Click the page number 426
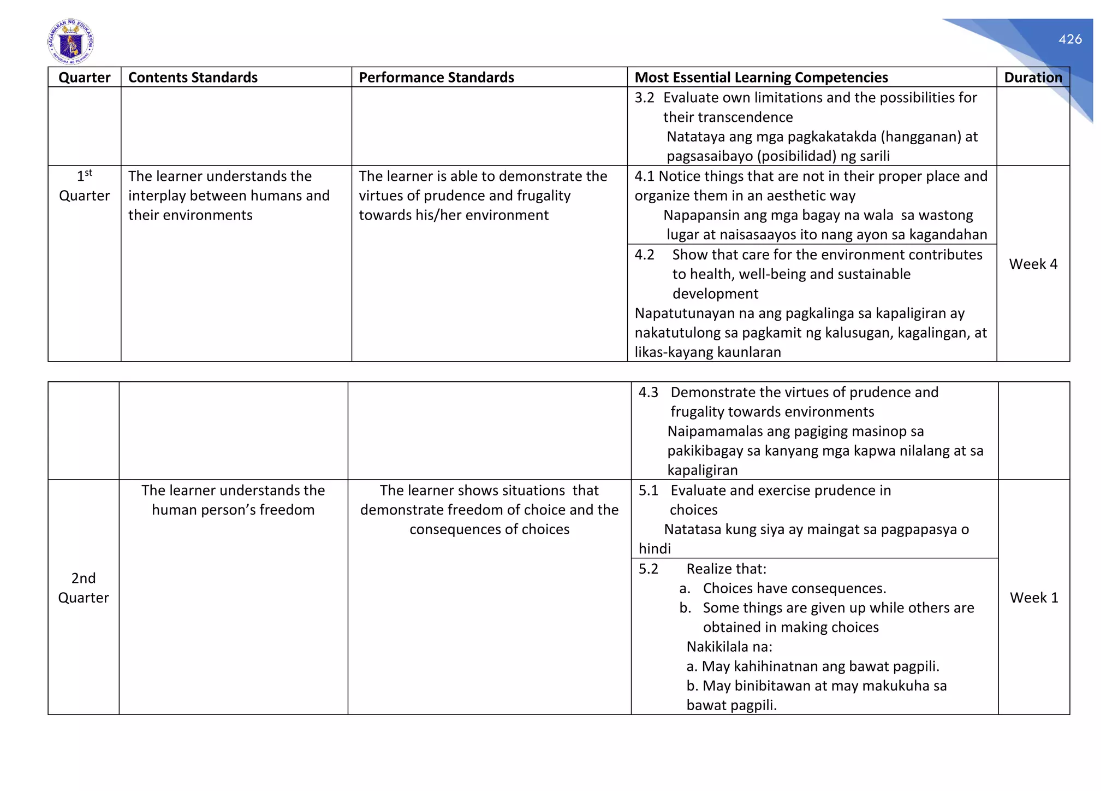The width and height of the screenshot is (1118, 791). [1069, 39]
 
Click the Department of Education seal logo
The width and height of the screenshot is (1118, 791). [70, 42]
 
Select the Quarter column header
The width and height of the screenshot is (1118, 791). [84, 78]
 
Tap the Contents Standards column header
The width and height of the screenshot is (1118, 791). [193, 78]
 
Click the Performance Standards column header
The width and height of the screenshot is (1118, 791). [436, 78]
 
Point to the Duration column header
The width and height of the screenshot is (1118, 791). [1033, 78]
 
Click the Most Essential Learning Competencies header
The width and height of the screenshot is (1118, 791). [761, 78]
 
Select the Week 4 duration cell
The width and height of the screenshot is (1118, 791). [1033, 264]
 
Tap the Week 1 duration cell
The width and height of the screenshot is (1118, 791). [1033, 598]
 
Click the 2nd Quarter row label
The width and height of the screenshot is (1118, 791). [84, 588]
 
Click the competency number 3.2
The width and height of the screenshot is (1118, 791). [644, 98]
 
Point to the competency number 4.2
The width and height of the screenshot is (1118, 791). [644, 255]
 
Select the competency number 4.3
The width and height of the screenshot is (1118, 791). [648, 392]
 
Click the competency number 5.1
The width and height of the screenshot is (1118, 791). [648, 491]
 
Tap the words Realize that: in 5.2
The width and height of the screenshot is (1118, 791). [726, 569]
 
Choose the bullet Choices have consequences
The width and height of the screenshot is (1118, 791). [794, 588]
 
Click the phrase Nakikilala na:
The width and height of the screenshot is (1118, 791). [729, 647]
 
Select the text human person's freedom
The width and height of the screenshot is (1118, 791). [233, 510]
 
